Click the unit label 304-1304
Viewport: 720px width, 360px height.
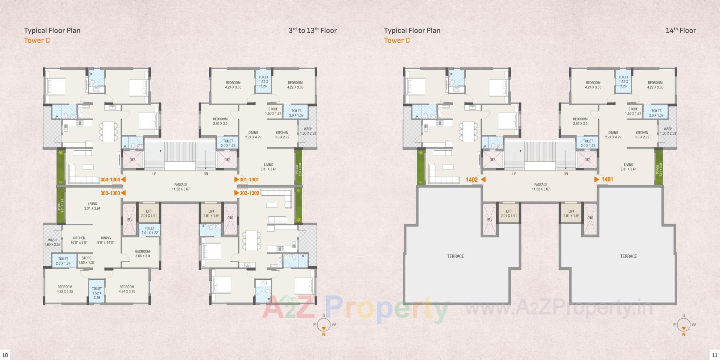pyautogui.click(x=110, y=180)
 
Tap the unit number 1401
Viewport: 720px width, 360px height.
pyautogui.click(x=607, y=180)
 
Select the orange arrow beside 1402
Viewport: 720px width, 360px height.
pyautogui.click(x=483, y=180)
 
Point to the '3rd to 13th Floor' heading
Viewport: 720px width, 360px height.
pyautogui.click(x=312, y=30)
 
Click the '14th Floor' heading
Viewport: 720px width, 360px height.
pyautogui.click(x=680, y=30)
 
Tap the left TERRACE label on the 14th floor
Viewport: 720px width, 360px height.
pyautogui.click(x=455, y=256)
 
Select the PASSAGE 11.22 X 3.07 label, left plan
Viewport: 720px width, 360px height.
pyautogui.click(x=181, y=187)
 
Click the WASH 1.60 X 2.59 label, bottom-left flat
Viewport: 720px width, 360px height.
pyautogui.click(x=52, y=242)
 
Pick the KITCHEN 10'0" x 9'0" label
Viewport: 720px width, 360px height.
pyautogui.click(x=79, y=240)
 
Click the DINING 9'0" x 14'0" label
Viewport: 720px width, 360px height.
pyautogui.click(x=106, y=240)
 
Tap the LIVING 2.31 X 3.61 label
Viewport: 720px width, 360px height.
pyautogui.click(x=92, y=206)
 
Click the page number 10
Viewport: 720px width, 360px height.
pyautogui.click(x=5, y=355)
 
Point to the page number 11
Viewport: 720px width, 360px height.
pyautogui.click(x=714, y=355)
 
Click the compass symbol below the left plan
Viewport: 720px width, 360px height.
pyautogui.click(x=324, y=325)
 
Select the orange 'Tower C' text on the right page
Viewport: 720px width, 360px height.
pyautogui.click(x=397, y=40)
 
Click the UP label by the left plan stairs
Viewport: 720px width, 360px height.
pyautogui.click(x=154, y=174)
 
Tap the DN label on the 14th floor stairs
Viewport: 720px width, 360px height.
pyautogui.click(x=565, y=174)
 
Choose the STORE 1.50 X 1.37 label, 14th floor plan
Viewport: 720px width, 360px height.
pyautogui.click(x=633, y=111)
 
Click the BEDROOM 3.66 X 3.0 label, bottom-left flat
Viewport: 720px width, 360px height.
pyautogui.click(x=142, y=253)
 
